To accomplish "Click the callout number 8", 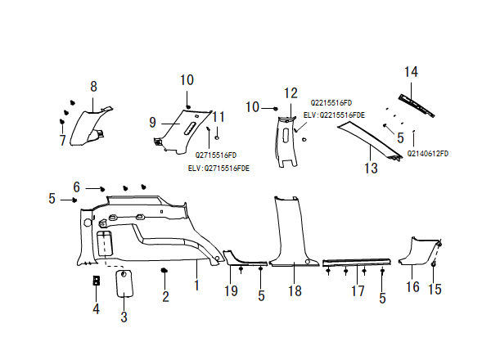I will pyautogui.click(x=93, y=86).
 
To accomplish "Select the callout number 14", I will pyautogui.click(x=411, y=73).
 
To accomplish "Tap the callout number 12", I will pyautogui.click(x=291, y=92).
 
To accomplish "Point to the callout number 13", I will pyautogui.click(x=371, y=169).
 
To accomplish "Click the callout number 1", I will pyautogui.click(x=196, y=286).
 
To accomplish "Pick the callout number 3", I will pyautogui.click(x=124, y=316).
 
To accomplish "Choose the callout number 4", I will pyautogui.click(x=96, y=308).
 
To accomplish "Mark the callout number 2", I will pyautogui.click(x=165, y=296).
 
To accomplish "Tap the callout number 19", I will pyautogui.click(x=232, y=290).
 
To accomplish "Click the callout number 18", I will pyautogui.click(x=293, y=290).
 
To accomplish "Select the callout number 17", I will pyautogui.click(x=357, y=290).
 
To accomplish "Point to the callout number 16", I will pyautogui.click(x=412, y=286).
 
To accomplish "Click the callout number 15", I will pyautogui.click(x=435, y=289).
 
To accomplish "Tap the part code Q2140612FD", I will pyautogui.click(x=429, y=153).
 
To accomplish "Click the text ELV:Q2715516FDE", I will pyautogui.click(x=219, y=167).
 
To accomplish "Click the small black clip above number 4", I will pyautogui.click(x=97, y=281).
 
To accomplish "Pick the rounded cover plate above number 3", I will pyautogui.click(x=125, y=283).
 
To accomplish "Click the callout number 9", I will pyautogui.click(x=152, y=123).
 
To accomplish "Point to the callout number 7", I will pyautogui.click(x=62, y=140).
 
